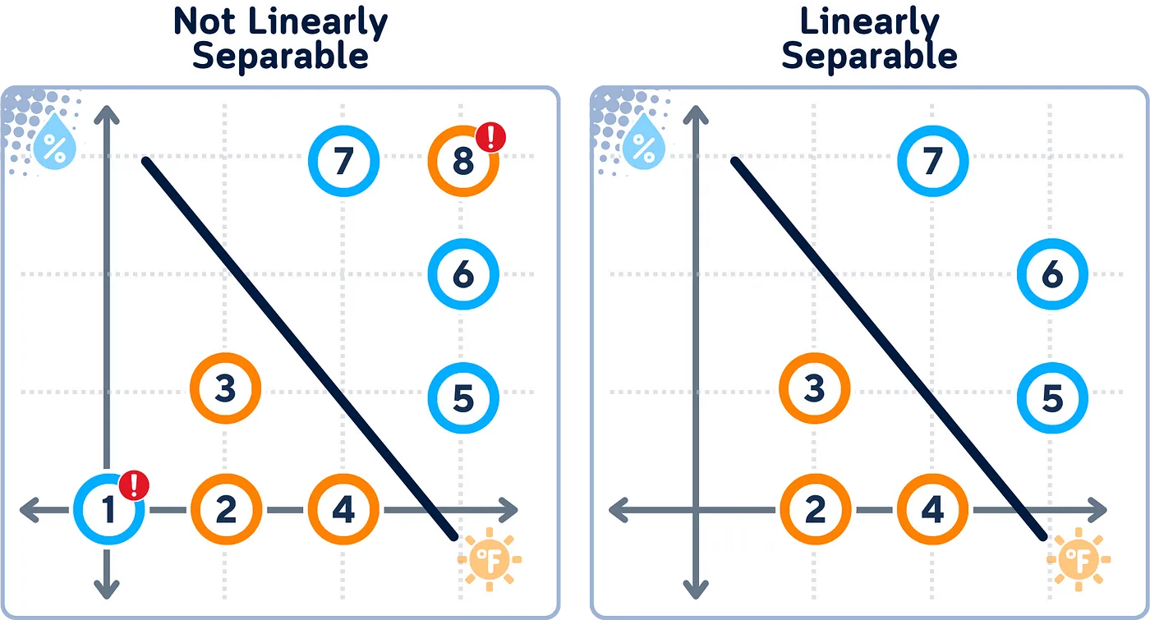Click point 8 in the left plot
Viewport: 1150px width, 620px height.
462,161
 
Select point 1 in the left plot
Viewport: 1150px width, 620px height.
108,510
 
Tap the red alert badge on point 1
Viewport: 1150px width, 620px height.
134,485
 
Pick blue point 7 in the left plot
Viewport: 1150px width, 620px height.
343,161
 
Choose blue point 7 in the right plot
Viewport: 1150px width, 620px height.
932,161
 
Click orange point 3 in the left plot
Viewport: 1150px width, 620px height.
226,388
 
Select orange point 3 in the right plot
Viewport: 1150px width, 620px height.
814,388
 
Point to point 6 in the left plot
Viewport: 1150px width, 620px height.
463,275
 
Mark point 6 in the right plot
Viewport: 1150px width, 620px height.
1052,275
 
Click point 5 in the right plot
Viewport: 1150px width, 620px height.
1052,398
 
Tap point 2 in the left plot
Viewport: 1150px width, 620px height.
226,510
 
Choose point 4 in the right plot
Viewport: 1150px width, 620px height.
932,510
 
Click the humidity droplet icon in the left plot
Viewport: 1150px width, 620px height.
56,147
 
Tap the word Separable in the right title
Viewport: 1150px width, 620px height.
870,56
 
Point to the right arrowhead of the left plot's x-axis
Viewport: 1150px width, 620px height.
510,510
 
